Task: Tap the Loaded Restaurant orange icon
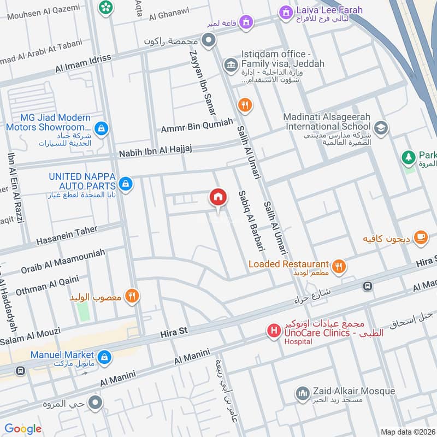(339, 266)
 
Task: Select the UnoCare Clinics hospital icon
(273, 330)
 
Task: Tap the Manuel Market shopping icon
(105, 358)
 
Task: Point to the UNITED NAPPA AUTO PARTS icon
(126, 184)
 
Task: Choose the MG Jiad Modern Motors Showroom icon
(101, 129)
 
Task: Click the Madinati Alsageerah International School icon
(381, 128)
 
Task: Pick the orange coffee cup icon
(420, 237)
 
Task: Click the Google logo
(23, 429)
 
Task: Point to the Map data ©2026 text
(407, 432)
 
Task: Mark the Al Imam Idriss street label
(83, 63)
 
